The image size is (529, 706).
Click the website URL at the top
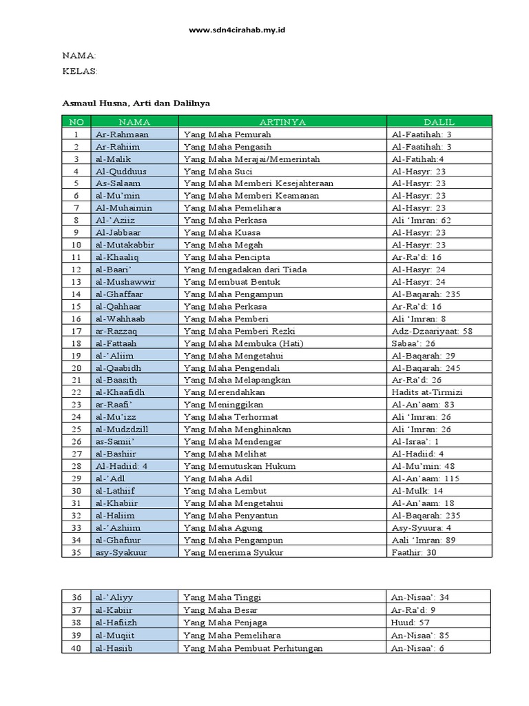pos(237,31)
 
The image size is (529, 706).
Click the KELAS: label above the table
pos(80,70)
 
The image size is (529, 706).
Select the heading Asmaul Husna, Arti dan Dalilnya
pos(136,103)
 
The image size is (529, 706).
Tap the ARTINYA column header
pos(282,122)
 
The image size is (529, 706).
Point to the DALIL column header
pos(439,122)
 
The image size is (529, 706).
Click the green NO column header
pos(76,122)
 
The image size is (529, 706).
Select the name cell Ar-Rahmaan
pos(122,134)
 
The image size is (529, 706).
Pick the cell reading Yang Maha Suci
pos(218,171)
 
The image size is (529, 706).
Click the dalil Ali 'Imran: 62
pos(422,220)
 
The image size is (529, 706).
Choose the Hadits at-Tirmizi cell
pos(427,392)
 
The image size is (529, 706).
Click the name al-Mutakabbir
pos(125,245)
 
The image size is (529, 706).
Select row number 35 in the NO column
pos(76,552)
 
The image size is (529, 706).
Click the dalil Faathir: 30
pos(415,552)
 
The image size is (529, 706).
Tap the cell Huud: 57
pos(411,622)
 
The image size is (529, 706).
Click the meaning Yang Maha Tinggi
pos(222,597)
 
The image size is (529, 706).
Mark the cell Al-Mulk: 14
pos(417,491)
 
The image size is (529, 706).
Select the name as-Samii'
pos(115,441)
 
